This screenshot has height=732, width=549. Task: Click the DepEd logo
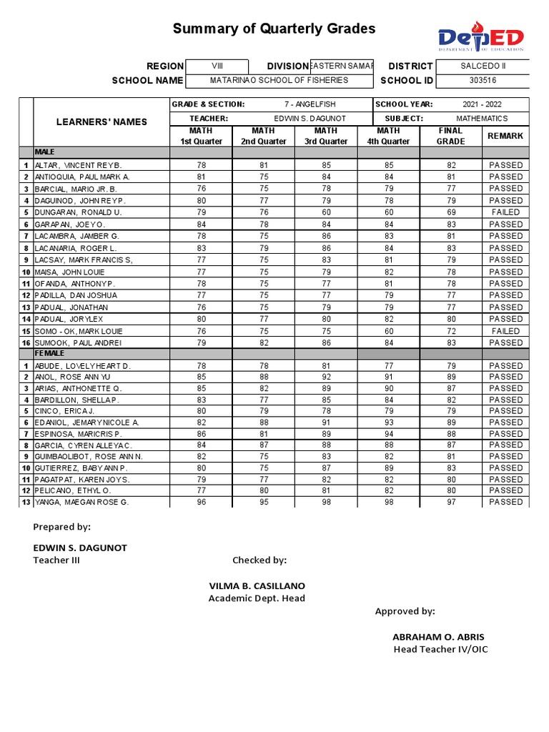click(x=480, y=39)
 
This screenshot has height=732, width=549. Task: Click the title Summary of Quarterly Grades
click(x=274, y=29)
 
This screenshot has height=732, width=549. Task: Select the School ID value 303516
click(x=483, y=80)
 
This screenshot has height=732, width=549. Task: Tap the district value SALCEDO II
click(x=483, y=66)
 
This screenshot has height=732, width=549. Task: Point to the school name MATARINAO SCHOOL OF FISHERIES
click(x=280, y=80)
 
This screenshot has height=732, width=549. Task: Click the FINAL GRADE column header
click(x=450, y=136)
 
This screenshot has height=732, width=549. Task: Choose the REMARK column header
click(x=505, y=136)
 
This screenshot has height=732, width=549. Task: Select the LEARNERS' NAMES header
click(x=102, y=122)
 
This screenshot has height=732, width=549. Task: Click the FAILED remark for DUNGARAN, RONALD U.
click(x=505, y=212)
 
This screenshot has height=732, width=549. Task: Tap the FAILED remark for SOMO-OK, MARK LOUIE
click(x=505, y=331)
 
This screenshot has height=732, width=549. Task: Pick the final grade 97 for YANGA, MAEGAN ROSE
click(x=450, y=502)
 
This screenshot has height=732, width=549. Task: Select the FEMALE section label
click(x=49, y=353)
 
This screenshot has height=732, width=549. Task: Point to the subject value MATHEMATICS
click(x=482, y=118)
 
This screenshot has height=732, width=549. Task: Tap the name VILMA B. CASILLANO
click(x=257, y=585)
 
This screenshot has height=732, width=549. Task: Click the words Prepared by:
click(x=62, y=527)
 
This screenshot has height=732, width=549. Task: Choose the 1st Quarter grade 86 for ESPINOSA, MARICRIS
click(x=201, y=434)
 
